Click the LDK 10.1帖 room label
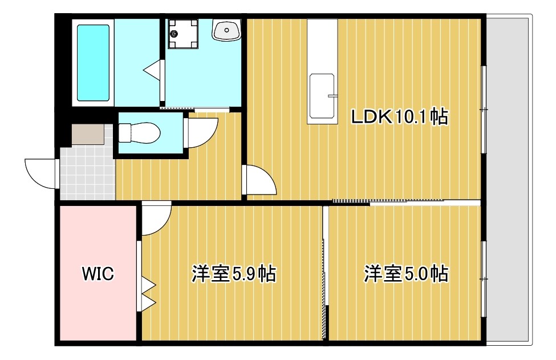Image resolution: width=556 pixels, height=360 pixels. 399,116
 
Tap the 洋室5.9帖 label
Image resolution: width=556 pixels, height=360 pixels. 233,274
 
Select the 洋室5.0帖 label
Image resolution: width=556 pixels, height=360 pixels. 405,274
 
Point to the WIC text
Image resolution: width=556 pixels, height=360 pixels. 98,274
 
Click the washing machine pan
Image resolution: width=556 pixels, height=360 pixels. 182,35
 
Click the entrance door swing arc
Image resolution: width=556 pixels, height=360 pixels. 40,173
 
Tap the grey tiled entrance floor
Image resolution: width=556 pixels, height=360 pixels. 86,171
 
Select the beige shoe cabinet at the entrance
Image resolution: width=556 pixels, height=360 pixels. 88,135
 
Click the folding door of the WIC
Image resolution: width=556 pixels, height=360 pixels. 147,294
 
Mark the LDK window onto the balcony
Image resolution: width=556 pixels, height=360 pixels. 484,109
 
